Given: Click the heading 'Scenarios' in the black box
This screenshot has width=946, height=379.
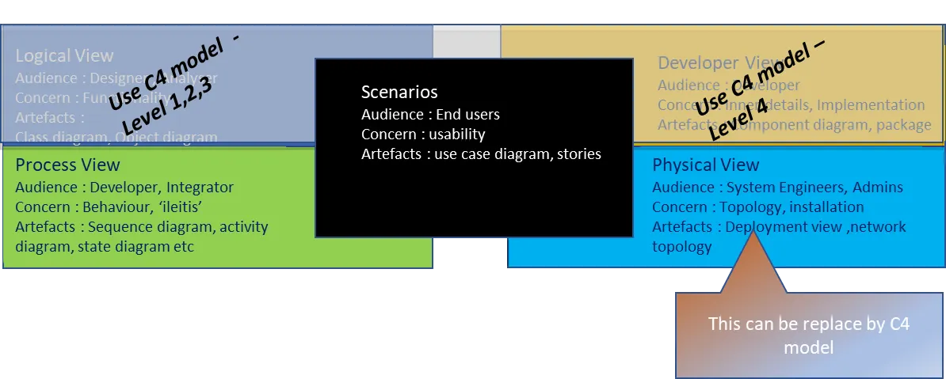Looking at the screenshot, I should (x=399, y=93).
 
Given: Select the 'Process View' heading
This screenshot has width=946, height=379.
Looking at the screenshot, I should (x=67, y=165).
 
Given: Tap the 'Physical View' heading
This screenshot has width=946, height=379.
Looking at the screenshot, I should (x=705, y=165).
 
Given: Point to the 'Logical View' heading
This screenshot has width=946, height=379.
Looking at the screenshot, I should (x=64, y=56).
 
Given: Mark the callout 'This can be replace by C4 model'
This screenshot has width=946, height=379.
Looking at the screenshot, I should (x=808, y=335).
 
